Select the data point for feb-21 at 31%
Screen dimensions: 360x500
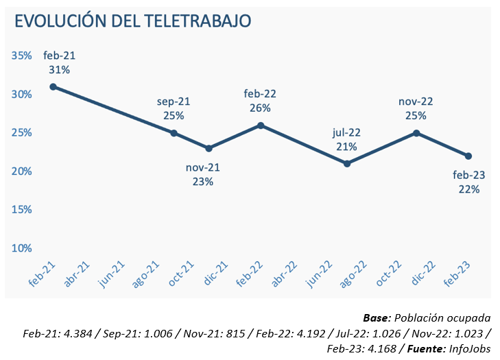53,86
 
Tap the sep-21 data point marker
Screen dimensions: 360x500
174,133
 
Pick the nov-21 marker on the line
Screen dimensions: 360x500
209,148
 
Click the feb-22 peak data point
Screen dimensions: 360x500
261,125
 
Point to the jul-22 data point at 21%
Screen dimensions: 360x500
347,163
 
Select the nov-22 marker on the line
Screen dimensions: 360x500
416,133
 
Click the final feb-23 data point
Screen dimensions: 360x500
468,156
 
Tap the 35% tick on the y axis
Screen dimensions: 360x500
22,56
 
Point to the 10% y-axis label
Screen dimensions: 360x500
22,248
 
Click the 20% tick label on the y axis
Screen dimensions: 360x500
22,171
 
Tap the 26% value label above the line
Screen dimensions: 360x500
261,108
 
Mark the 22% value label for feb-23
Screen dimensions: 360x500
469,189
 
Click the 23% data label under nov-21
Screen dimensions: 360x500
203,182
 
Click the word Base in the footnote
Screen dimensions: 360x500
376,318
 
